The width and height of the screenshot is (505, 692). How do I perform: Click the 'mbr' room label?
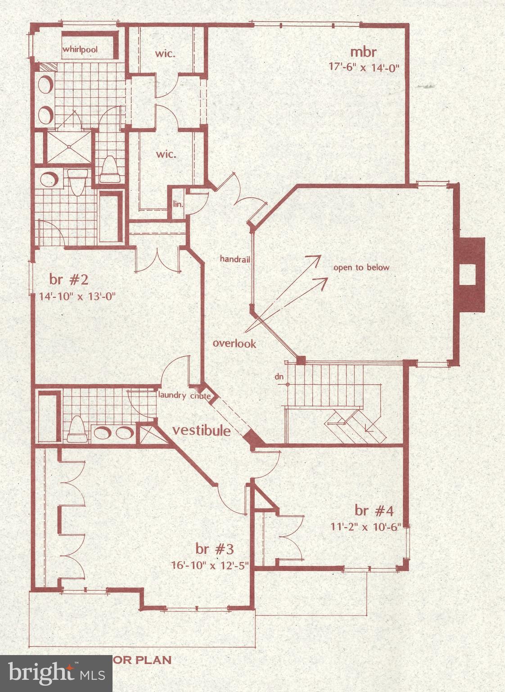pyautogui.click(x=363, y=52)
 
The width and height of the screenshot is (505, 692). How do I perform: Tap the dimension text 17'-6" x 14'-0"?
pyautogui.click(x=364, y=67)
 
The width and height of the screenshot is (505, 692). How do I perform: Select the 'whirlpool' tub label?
pyautogui.click(x=80, y=49)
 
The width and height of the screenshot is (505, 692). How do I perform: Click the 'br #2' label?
pyautogui.click(x=69, y=280)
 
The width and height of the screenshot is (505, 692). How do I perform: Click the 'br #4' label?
pyautogui.click(x=374, y=510)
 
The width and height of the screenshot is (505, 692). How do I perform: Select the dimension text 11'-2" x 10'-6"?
pyautogui.click(x=365, y=527)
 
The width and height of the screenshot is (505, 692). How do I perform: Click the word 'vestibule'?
pyautogui.click(x=202, y=430)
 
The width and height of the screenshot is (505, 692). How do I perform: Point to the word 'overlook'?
pyautogui.click(x=234, y=343)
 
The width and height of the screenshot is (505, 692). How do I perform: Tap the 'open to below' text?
pyautogui.click(x=361, y=268)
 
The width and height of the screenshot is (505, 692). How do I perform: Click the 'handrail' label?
pyautogui.click(x=234, y=259)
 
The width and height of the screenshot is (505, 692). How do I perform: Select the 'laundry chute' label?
pyautogui.click(x=184, y=396)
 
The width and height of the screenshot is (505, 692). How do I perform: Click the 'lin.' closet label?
pyautogui.click(x=178, y=204)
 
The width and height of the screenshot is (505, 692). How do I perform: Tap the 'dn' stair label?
pyautogui.click(x=280, y=376)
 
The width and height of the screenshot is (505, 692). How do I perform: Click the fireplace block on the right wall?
pyautogui.click(x=469, y=274)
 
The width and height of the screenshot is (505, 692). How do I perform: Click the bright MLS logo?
pyautogui.click(x=56, y=673)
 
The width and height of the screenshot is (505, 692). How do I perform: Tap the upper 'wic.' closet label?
pyautogui.click(x=165, y=54)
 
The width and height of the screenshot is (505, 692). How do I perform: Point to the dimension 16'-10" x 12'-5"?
pyautogui.click(x=210, y=565)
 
